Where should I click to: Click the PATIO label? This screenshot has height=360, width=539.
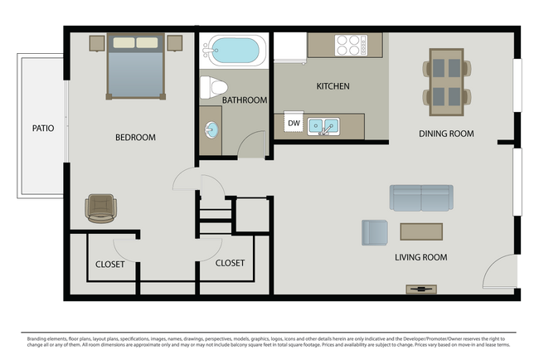tap(42, 129)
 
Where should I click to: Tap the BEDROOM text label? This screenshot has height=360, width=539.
tap(135, 138)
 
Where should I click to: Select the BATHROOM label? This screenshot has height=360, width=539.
tap(245, 100)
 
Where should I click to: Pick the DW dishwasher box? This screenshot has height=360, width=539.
tap(294, 124)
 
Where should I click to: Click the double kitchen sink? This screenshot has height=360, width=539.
tap(323, 126)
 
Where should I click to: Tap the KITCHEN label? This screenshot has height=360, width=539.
tap(333, 86)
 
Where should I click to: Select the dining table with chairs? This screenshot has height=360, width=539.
tap(446, 80)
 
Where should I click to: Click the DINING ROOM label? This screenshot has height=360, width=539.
tap(446, 134)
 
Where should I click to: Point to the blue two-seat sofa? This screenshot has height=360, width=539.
tap(421, 197)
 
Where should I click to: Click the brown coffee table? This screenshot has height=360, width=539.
tap(421, 231)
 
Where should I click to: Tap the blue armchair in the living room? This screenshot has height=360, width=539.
tap(374, 232)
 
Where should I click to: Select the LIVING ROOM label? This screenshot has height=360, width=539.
tap(420, 258)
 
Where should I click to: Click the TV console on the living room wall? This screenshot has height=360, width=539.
tap(420, 289)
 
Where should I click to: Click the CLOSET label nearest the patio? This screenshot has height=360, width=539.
tap(109, 264)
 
